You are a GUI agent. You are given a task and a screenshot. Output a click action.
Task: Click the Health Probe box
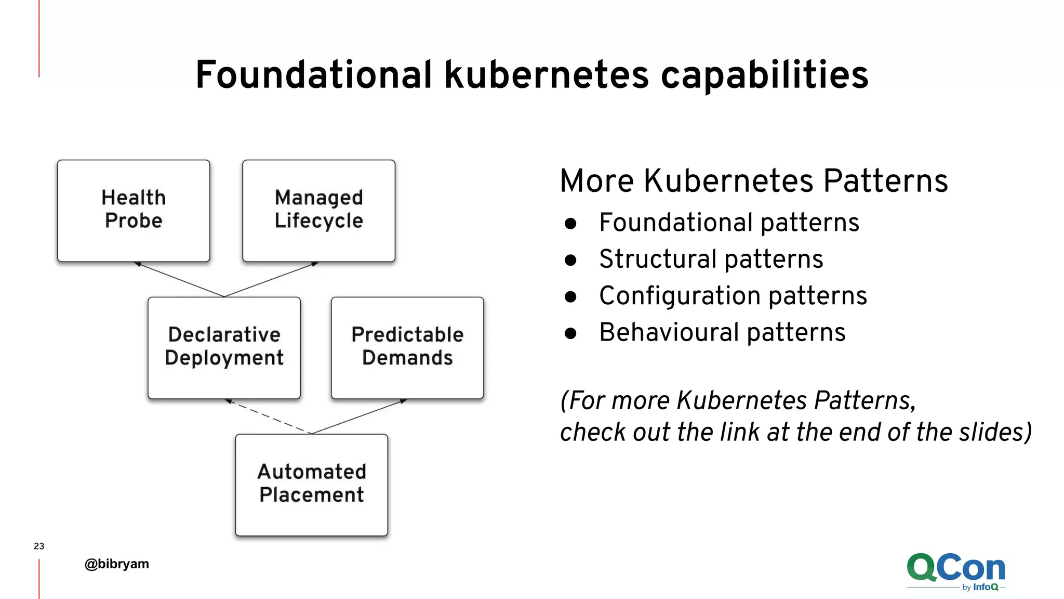(x=134, y=210)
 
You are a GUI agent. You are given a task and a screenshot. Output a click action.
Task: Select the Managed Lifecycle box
(x=318, y=210)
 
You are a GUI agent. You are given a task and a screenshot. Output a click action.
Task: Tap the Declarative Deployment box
(x=224, y=347)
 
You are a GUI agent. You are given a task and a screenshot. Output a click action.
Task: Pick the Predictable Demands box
(x=407, y=347)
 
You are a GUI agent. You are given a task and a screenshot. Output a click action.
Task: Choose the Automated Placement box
(x=311, y=485)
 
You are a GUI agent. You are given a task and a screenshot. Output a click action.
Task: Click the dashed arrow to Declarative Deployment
(x=268, y=416)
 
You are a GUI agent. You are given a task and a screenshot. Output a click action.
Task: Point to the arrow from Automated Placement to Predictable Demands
(x=358, y=416)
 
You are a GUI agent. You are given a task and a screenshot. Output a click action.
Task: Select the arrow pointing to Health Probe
(x=179, y=279)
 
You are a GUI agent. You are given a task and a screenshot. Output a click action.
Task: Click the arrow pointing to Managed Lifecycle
(x=271, y=279)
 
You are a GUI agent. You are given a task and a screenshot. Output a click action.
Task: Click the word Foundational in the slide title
(x=313, y=75)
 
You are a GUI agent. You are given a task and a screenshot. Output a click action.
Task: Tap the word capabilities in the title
(x=764, y=75)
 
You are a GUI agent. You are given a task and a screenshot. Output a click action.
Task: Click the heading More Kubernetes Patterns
(x=754, y=181)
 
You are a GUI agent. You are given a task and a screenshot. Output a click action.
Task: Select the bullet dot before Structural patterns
(x=570, y=260)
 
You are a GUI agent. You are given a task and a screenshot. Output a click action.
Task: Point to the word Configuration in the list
(x=680, y=296)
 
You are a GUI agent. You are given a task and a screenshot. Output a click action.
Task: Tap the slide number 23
(x=39, y=546)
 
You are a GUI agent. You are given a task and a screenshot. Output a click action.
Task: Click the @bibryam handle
(x=117, y=564)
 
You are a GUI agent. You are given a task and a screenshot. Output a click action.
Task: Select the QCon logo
(x=956, y=571)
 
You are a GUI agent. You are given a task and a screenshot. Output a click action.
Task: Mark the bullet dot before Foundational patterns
(x=570, y=224)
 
